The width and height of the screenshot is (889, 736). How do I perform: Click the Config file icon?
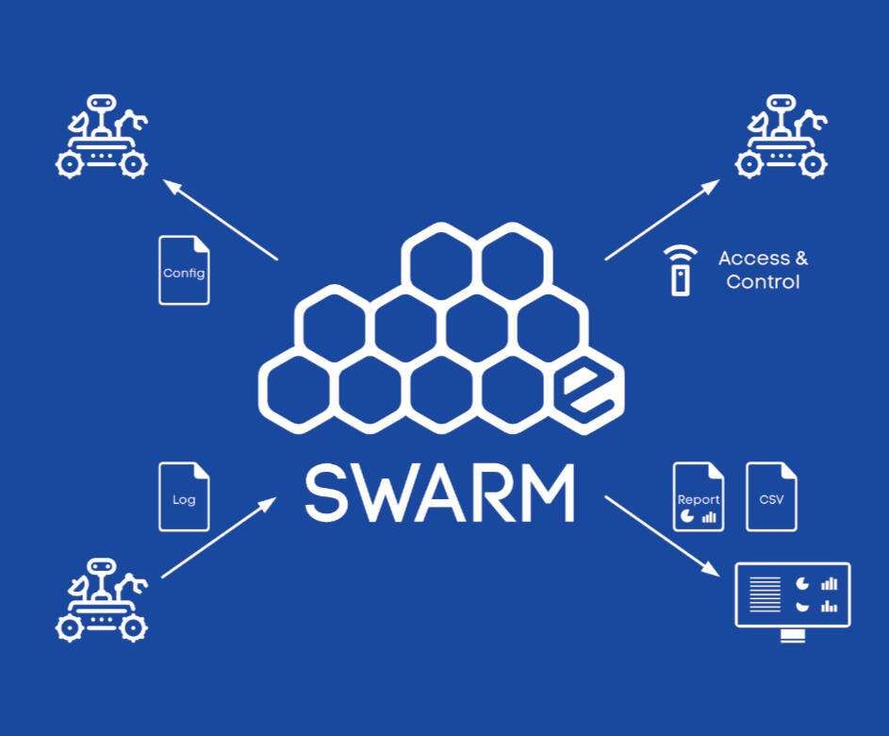click(x=184, y=271)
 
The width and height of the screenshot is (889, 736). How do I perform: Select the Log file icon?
click(x=184, y=496)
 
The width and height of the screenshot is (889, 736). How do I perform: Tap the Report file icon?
click(x=699, y=497)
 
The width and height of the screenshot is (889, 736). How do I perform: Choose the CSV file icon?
click(x=771, y=496)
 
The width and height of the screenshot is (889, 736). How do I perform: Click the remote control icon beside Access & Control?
click(x=680, y=272)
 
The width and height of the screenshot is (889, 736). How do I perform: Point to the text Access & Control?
click(x=763, y=270)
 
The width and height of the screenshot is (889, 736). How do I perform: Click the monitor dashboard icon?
click(x=793, y=595)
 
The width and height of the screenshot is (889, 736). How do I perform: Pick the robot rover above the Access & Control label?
click(x=781, y=137)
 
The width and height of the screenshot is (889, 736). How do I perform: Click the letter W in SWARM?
click(x=396, y=493)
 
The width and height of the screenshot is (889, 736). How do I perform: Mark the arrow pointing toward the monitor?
click(x=660, y=535)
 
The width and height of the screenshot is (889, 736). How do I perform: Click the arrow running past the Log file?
click(x=219, y=539)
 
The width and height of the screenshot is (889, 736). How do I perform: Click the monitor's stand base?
click(x=793, y=638)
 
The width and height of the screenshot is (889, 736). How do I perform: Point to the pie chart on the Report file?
click(x=686, y=517)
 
